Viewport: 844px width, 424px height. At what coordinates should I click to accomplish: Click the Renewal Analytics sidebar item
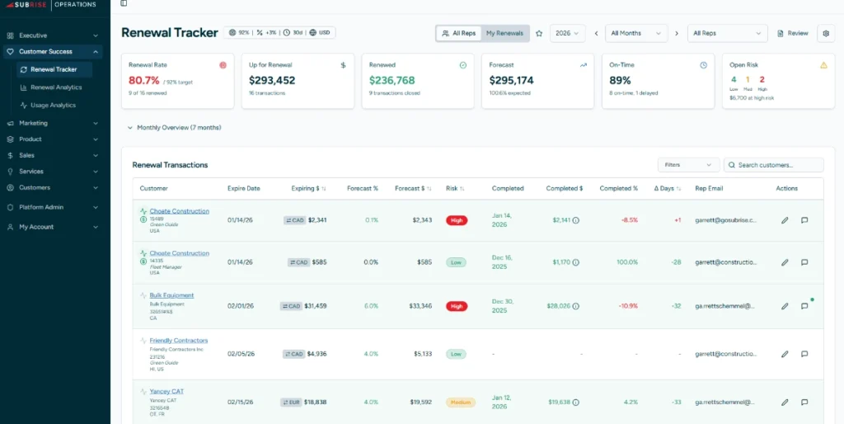coord(56,87)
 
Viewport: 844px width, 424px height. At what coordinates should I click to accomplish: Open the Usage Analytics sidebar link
coord(53,106)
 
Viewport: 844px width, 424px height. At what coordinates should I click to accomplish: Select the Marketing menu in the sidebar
coord(34,123)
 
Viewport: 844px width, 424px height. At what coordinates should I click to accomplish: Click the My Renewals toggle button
coord(504,33)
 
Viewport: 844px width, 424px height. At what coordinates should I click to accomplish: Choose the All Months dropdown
coord(635,33)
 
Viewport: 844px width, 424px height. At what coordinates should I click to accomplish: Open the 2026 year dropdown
coord(566,33)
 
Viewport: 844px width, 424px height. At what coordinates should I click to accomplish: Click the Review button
coord(793,33)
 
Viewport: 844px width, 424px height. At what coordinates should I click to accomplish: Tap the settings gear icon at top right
coord(826,33)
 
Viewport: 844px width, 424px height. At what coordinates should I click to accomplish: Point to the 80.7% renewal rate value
coord(144,81)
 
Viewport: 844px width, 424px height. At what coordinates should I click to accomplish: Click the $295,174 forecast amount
coord(511,81)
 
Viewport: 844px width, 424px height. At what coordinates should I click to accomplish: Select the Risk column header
coord(455,188)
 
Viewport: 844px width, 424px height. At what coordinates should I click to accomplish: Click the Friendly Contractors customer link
coord(178,341)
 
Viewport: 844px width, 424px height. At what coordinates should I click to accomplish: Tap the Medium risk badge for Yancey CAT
coord(461,403)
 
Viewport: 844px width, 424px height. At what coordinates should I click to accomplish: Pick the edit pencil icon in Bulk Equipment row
coord(785,306)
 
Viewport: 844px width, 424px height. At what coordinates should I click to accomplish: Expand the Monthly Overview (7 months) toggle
coord(174,128)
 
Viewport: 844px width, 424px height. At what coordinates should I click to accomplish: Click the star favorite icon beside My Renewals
coord(539,33)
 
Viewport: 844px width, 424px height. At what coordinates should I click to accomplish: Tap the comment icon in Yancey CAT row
coord(804,403)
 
